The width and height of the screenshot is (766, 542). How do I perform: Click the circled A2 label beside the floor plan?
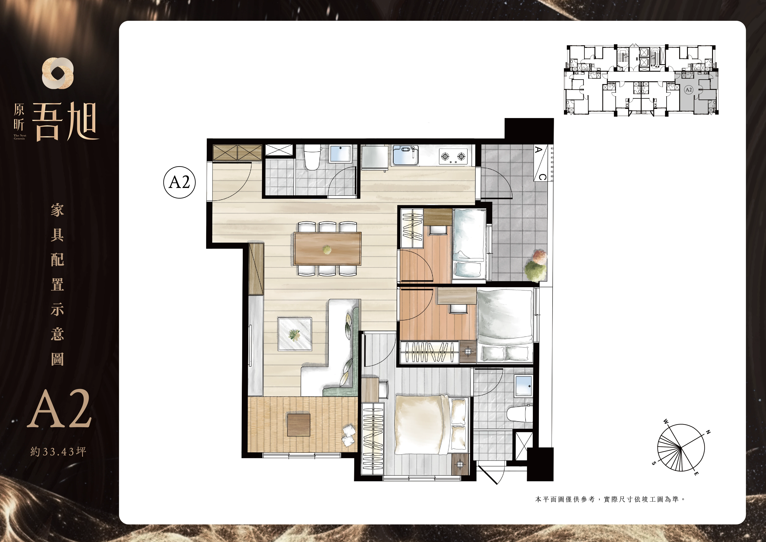tap(179, 182)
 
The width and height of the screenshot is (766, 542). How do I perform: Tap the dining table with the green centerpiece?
tap(328, 249)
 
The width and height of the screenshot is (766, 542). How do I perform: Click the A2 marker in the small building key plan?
tap(689, 89)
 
